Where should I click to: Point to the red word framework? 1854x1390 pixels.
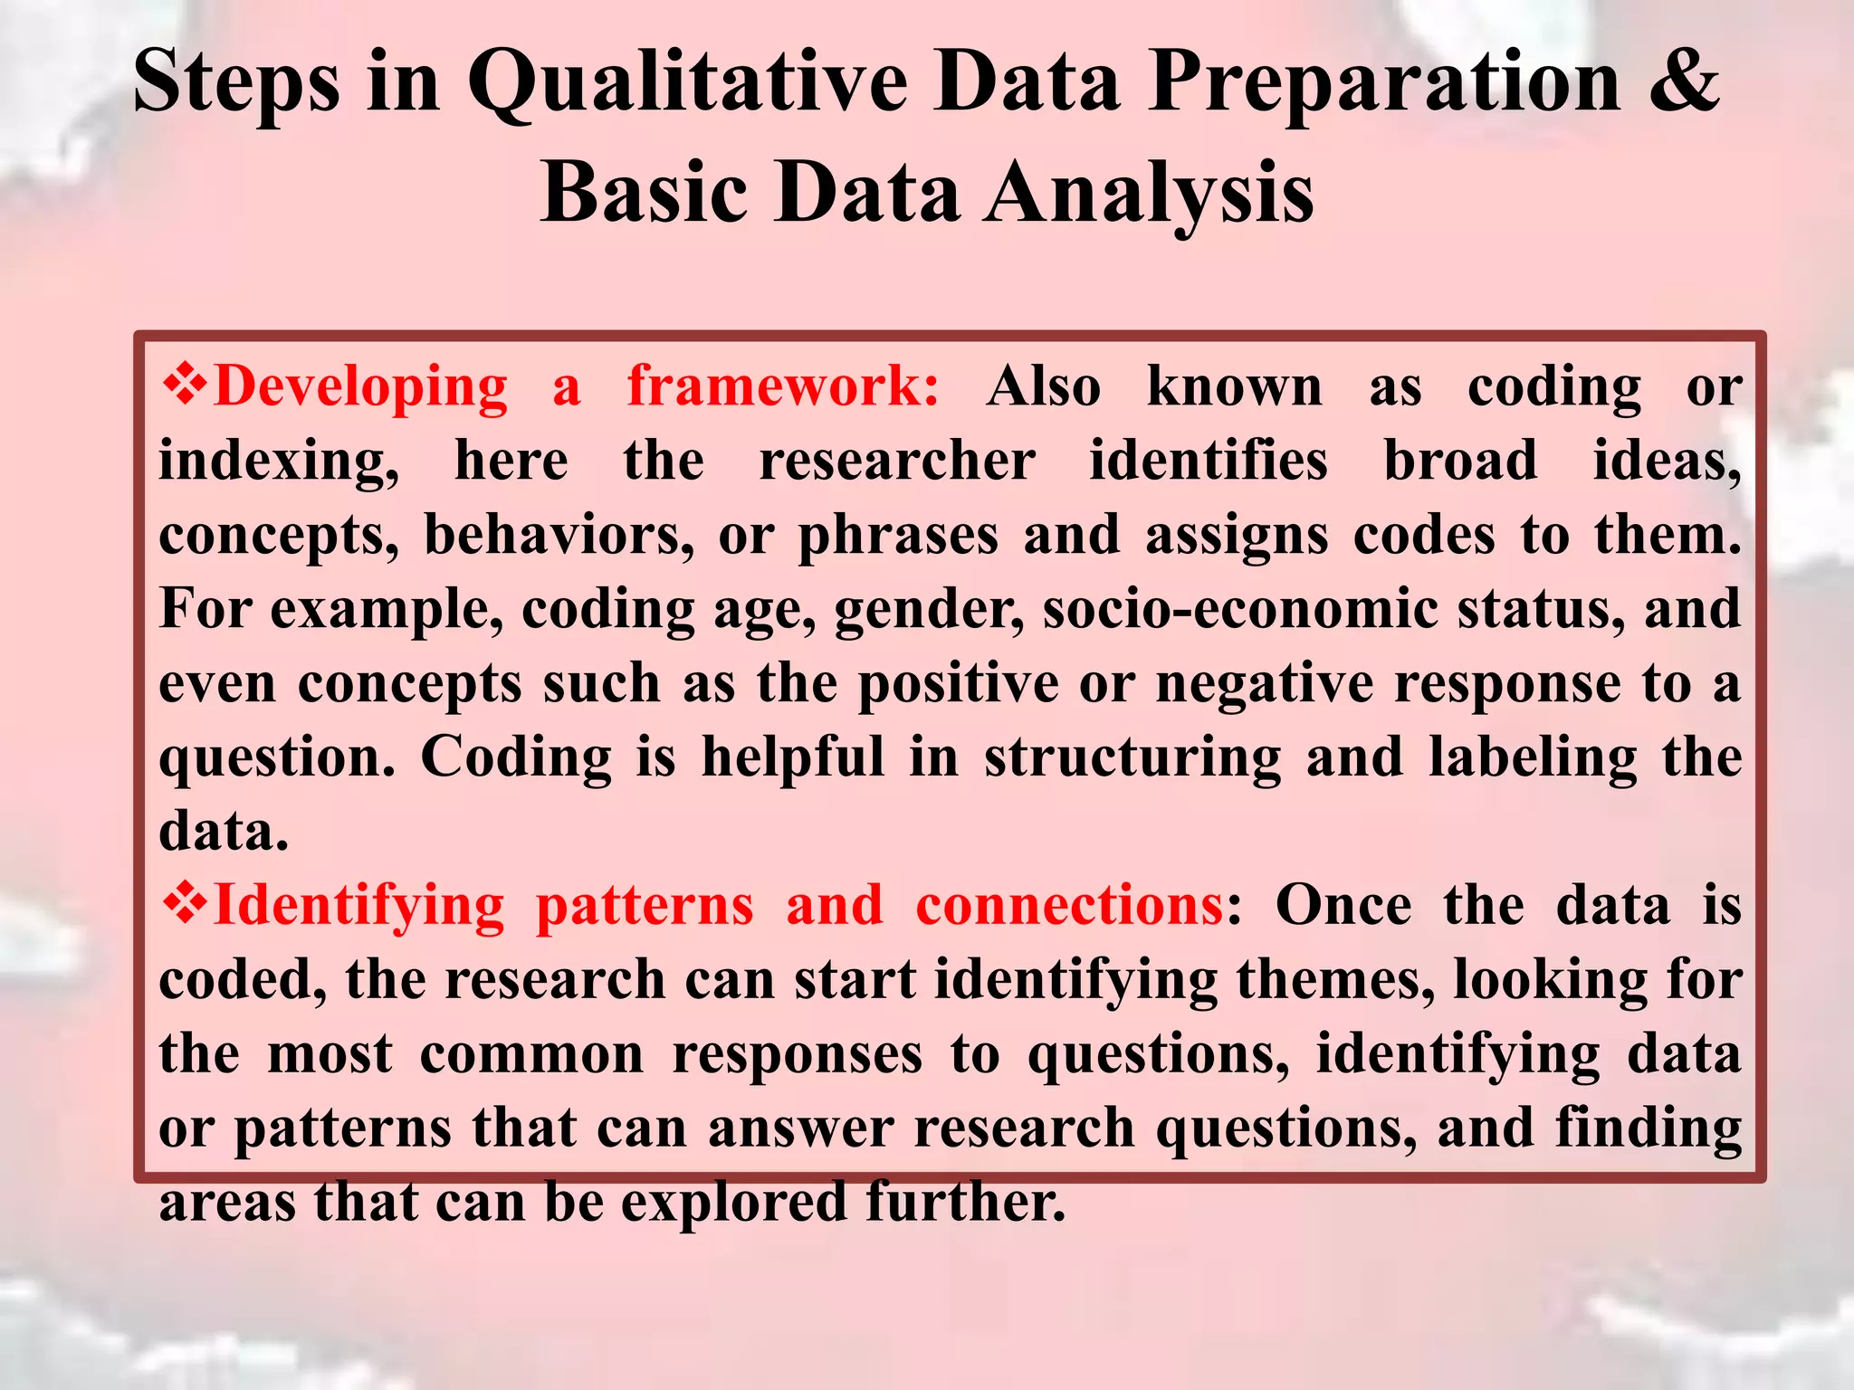coord(784,386)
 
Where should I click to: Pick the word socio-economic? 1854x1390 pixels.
coord(1240,609)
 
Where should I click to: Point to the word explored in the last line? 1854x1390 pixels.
coord(731,1203)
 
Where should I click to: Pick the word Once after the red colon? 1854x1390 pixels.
coord(1343,905)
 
